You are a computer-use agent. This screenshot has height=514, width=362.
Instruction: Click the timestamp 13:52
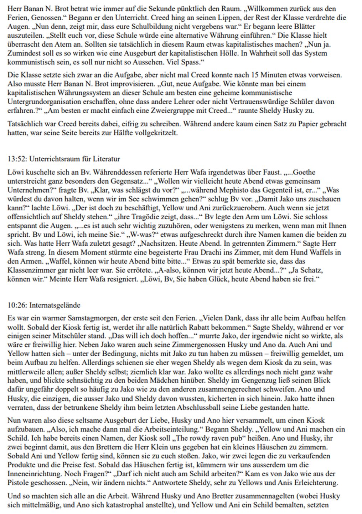[15, 159]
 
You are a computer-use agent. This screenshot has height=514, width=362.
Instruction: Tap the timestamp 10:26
[15, 305]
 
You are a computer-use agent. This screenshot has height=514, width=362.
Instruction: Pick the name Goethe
[303, 172]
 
